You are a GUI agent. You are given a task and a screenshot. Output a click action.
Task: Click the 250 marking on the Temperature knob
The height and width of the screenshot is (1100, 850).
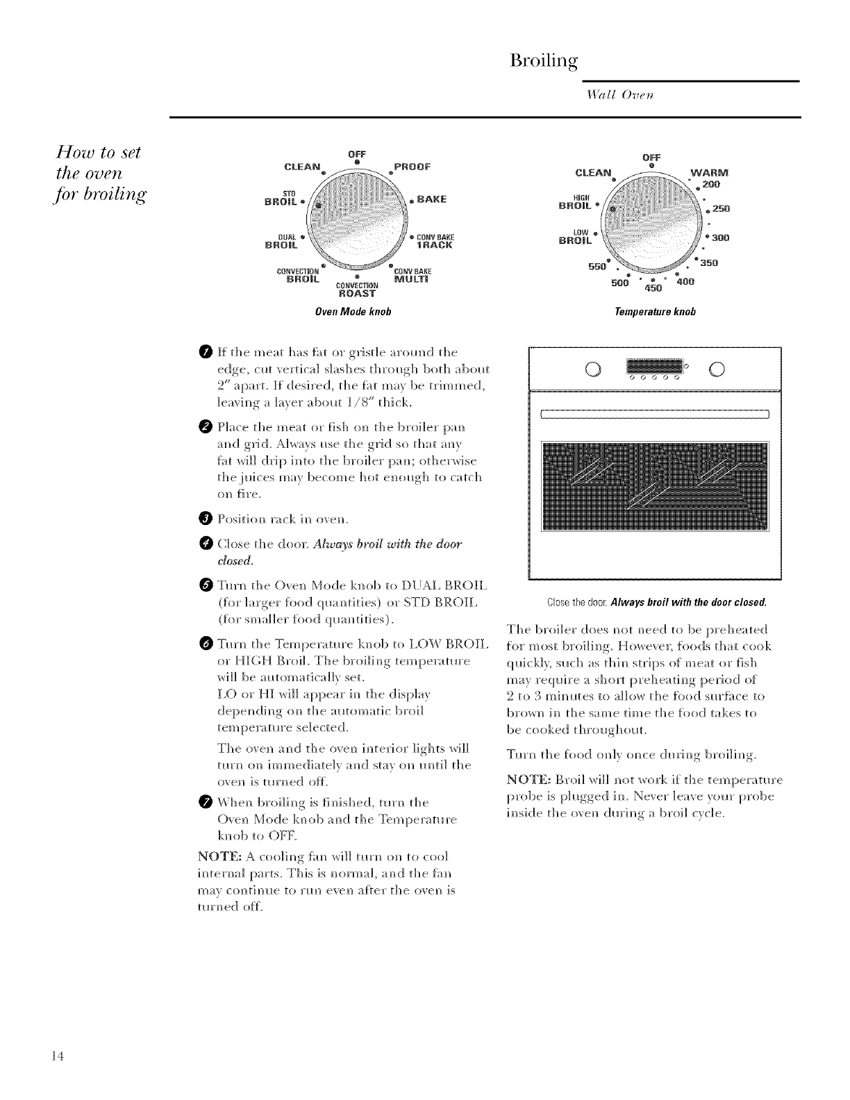[717, 208]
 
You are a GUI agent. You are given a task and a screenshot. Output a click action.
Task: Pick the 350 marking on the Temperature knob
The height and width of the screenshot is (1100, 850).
[715, 263]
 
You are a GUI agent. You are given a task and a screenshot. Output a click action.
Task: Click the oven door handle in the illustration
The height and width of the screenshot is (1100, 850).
[655, 415]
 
